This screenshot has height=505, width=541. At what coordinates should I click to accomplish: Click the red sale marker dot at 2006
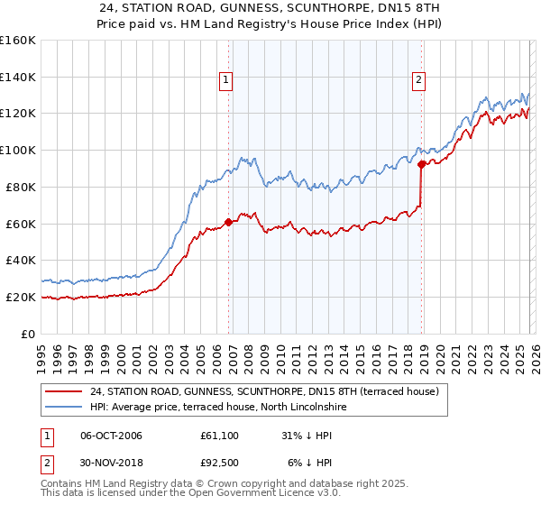pos(228,222)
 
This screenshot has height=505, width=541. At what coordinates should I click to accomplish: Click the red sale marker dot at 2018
pos(421,163)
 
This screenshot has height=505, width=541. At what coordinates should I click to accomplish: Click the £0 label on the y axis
pos(29,334)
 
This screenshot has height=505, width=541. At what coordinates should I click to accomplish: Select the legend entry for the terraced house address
pos(264,391)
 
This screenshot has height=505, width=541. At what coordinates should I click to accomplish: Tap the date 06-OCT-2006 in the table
pos(111,436)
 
